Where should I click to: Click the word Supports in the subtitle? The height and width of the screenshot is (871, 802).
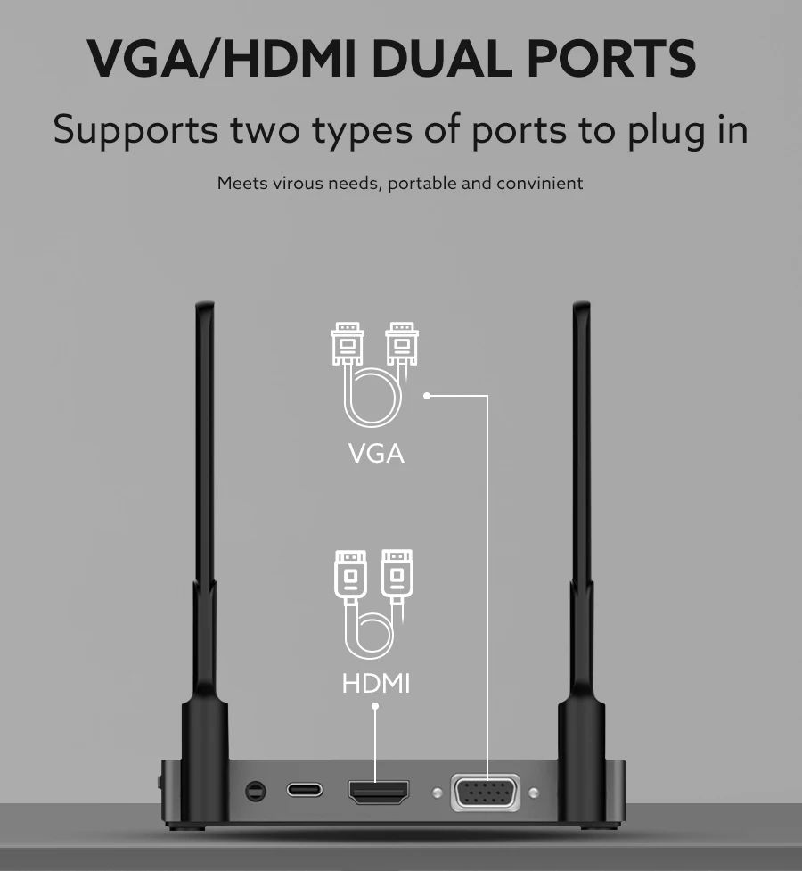click(x=135, y=130)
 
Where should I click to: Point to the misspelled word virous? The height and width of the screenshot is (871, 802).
click(x=298, y=183)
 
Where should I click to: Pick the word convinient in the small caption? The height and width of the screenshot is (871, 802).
click(x=539, y=183)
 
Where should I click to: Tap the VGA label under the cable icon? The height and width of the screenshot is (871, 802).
click(x=376, y=453)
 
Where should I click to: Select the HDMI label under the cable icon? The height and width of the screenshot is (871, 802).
click(x=376, y=684)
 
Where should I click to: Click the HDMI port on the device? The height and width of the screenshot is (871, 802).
click(x=379, y=791)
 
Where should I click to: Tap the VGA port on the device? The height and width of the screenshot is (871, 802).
click(x=485, y=792)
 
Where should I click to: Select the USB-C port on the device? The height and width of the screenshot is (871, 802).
click(x=305, y=790)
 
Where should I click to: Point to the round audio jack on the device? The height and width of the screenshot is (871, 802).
click(x=256, y=790)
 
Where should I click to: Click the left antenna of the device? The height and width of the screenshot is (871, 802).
click(x=204, y=535)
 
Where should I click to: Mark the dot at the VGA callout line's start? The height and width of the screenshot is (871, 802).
click(x=427, y=395)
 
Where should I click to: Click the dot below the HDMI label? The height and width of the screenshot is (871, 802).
click(x=375, y=706)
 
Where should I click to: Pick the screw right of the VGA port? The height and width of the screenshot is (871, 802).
click(x=534, y=793)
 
